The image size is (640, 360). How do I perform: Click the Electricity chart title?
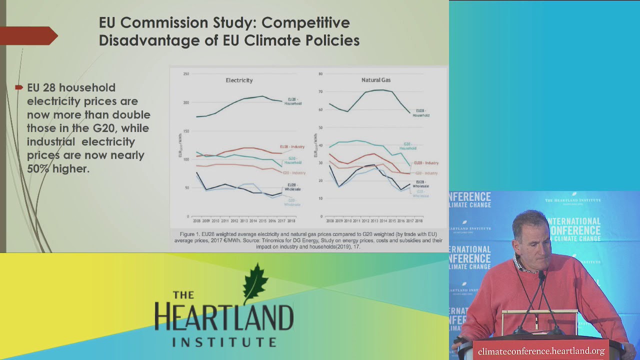(x=239, y=80)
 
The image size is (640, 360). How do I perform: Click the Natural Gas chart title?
(x=376, y=80)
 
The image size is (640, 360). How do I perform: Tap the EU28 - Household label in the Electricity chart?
(x=293, y=101)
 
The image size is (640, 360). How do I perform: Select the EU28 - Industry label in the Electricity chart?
(x=292, y=146)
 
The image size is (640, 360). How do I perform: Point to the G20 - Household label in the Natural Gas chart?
(x=407, y=146)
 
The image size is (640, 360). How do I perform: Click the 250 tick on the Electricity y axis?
(x=186, y=74)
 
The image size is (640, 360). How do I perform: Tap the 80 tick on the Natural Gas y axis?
(x=320, y=74)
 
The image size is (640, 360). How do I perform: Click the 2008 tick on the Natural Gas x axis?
(x=330, y=220)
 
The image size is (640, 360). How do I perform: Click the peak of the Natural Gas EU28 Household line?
(x=381, y=90)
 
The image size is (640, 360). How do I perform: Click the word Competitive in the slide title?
(x=305, y=23)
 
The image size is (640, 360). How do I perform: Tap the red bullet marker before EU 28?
(x=19, y=87)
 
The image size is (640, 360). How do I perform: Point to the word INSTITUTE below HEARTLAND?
(x=224, y=342)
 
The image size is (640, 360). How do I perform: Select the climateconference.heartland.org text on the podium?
(x=541, y=351)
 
